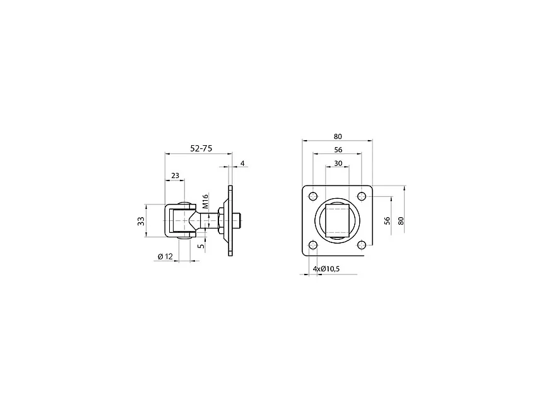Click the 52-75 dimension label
[201, 148]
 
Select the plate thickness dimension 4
[242, 163]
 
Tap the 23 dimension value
[175, 176]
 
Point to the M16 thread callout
[205, 201]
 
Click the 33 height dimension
[141, 221]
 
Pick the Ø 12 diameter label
[165, 256]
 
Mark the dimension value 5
[201, 246]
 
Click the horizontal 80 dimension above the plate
[338, 136]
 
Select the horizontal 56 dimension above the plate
[338, 150]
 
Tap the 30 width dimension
[338, 163]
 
